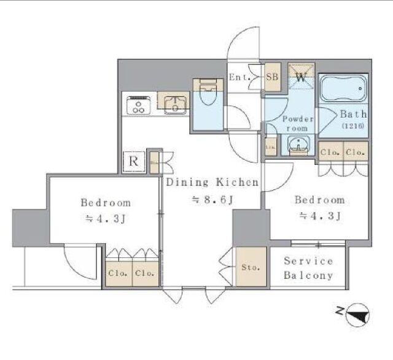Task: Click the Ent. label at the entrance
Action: [x=238, y=77]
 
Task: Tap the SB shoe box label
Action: [x=272, y=77]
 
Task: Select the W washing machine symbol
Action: [x=302, y=77]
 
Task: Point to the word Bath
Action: [x=354, y=114]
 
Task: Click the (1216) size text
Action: [x=353, y=125]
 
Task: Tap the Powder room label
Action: [x=298, y=123]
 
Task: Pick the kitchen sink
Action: [x=174, y=103]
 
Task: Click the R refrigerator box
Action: [x=133, y=162]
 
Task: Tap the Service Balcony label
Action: [x=308, y=268]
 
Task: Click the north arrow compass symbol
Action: [x=358, y=315]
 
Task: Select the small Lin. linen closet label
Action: [x=270, y=148]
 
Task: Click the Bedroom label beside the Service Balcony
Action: [x=319, y=200]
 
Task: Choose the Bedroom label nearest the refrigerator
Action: [x=106, y=202]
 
